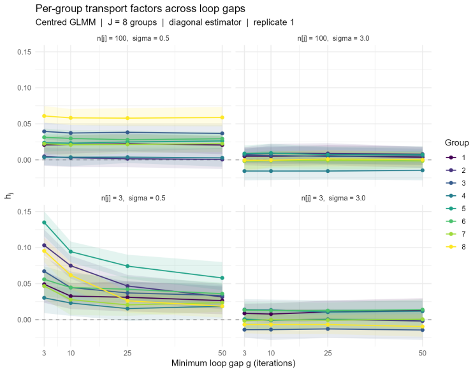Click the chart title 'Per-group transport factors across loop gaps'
140,8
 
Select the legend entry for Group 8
456,247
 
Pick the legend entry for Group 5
456,209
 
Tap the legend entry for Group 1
456,158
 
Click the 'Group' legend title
456,143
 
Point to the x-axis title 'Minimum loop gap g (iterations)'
233,363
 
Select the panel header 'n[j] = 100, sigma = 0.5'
133,38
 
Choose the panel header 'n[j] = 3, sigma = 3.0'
333,198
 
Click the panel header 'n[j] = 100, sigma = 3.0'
333,38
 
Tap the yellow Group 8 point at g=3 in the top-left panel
45,116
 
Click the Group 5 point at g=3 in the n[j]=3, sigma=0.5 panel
45,223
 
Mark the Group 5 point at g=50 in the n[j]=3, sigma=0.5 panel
222,278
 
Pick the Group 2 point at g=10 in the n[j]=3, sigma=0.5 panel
71,265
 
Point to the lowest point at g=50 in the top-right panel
422,170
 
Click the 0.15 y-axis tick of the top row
24,52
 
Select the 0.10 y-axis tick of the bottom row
24,248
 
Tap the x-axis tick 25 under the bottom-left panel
127,353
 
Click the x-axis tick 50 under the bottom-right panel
422,353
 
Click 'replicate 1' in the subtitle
273,22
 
